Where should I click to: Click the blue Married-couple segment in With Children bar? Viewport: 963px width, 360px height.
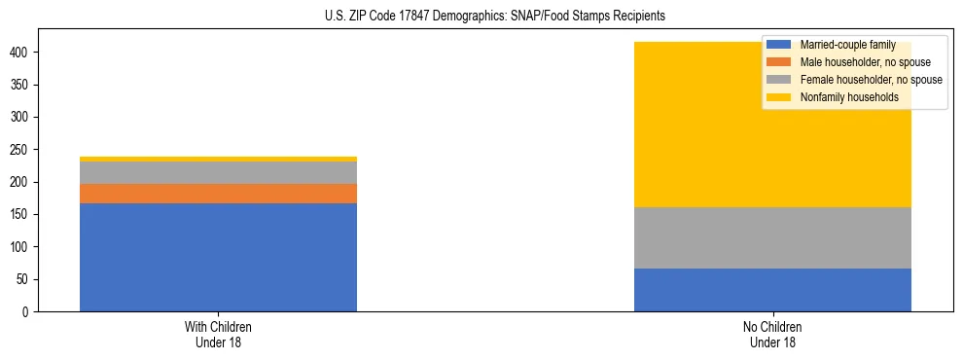218,257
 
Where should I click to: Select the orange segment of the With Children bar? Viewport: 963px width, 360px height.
218,194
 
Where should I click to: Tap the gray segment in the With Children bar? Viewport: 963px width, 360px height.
218,172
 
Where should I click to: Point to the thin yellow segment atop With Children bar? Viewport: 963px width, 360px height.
218,159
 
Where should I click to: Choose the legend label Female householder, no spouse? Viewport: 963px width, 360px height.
871,80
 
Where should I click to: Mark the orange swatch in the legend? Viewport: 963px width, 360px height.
779,62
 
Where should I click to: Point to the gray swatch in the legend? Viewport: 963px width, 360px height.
779,80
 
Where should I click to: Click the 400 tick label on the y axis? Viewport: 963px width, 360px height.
22,52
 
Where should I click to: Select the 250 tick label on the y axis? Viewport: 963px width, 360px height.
22,150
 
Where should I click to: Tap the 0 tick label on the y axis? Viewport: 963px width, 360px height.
29,312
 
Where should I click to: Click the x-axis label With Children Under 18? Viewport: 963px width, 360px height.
218,334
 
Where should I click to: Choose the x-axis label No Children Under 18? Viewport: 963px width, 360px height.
772,334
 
